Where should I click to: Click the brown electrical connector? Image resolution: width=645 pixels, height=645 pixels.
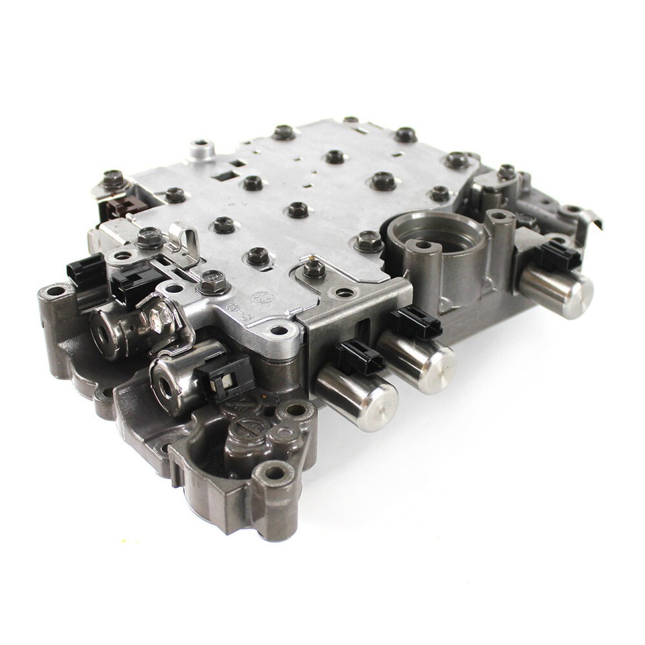[121, 206]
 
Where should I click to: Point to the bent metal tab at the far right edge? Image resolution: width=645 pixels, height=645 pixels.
[591, 219]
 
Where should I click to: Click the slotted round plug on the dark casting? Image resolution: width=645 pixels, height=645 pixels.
[249, 430]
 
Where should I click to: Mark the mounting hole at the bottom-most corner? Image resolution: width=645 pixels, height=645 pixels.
[275, 473]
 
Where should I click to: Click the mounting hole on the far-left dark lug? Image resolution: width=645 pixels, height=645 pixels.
[54, 292]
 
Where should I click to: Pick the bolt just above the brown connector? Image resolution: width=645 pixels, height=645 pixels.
[113, 179]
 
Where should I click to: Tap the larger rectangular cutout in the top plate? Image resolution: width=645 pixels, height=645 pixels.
[225, 176]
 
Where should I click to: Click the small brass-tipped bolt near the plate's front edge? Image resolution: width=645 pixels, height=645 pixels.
[314, 269]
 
